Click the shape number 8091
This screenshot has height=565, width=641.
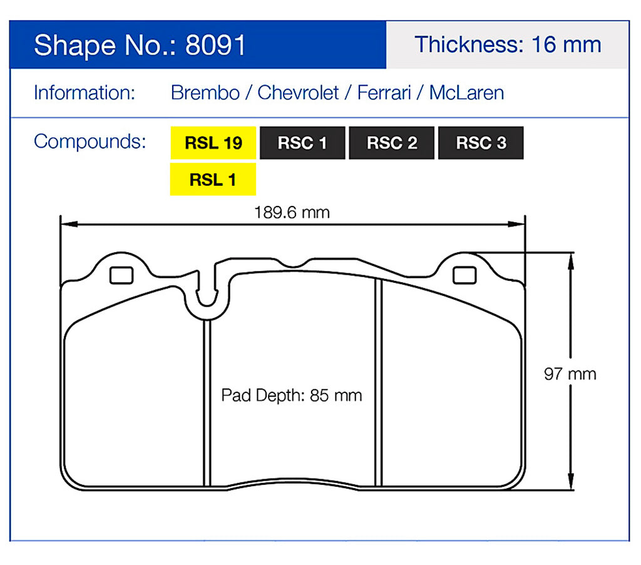click(x=215, y=46)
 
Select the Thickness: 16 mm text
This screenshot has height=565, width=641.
click(x=507, y=44)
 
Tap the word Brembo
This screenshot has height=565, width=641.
click(x=205, y=93)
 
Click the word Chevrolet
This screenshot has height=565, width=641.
click(x=298, y=93)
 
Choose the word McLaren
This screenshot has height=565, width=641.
click(x=466, y=93)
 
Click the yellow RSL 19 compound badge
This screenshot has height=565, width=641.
click(x=213, y=143)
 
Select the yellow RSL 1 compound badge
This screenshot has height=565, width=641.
click(x=213, y=180)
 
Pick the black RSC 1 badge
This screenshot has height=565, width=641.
click(x=302, y=143)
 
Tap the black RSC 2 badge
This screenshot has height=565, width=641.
click(x=392, y=143)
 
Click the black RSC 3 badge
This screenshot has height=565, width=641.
click(x=481, y=143)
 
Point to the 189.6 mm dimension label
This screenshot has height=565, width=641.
click(x=292, y=212)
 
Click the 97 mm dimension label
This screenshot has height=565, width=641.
click(x=570, y=374)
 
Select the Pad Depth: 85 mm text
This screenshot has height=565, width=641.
click(x=292, y=395)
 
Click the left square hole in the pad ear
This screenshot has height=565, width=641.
click(x=121, y=275)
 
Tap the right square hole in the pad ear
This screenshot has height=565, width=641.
click(x=464, y=275)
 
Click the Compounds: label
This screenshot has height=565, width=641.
click(x=90, y=141)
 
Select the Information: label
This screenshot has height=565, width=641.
click(x=85, y=93)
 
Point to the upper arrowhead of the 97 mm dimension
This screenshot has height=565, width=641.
click(x=570, y=260)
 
